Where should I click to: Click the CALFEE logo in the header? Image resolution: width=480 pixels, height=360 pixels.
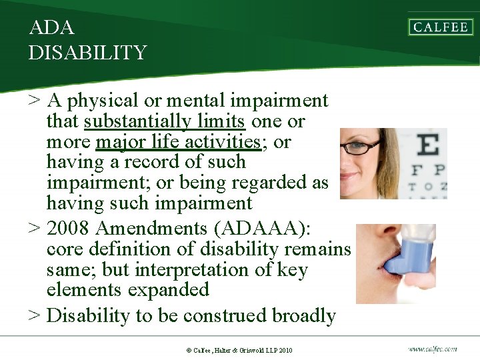[x=441, y=27]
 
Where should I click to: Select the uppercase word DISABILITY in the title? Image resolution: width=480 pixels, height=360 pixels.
[x=87, y=53]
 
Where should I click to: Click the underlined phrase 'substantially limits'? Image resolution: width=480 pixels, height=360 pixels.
[x=165, y=121]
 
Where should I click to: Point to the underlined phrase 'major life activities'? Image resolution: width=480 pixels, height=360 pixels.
[x=177, y=142]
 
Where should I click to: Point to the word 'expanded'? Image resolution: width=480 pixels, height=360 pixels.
[x=172, y=290]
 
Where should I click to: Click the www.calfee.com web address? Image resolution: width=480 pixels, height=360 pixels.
[x=433, y=348]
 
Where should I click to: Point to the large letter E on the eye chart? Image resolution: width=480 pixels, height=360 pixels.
[x=427, y=145]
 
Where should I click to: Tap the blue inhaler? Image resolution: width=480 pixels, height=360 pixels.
[x=408, y=257]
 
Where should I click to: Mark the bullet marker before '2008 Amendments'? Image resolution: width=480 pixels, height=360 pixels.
[x=35, y=229]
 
